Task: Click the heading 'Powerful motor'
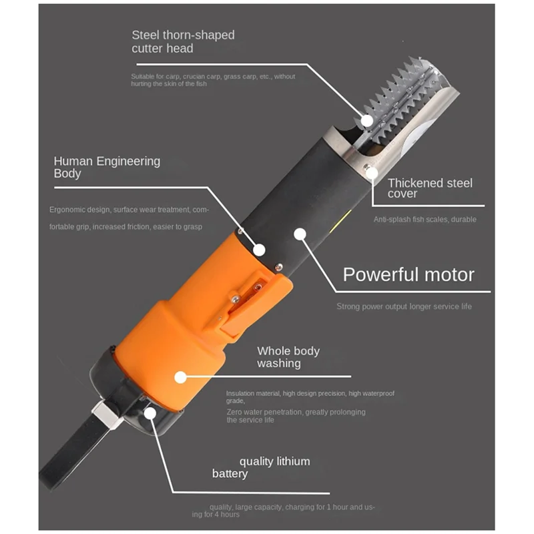409,275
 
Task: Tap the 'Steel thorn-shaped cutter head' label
183,41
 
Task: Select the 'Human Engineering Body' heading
107,167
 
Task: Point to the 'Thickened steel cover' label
430,188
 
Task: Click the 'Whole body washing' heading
288,357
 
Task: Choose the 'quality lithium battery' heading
261,467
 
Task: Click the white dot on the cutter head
367,121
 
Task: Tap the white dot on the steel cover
372,173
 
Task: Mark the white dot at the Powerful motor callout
300,234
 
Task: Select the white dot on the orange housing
180,377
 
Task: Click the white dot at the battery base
150,413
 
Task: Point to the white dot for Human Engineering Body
259,250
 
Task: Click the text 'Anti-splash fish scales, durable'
425,220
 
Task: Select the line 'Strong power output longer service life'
405,306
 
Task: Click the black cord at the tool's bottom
73,453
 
